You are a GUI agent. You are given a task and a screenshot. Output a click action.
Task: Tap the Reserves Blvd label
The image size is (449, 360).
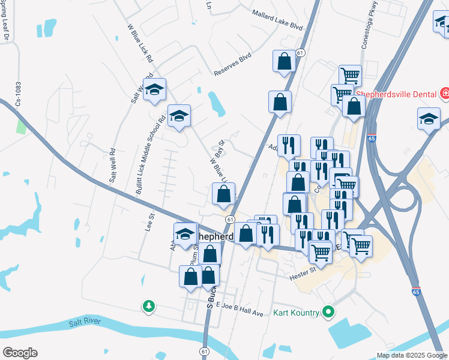click(x=232, y=67)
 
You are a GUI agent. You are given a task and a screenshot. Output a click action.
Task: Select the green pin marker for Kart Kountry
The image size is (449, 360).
click(x=328, y=312)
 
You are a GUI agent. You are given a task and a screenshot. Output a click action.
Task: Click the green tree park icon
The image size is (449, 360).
click(x=148, y=307)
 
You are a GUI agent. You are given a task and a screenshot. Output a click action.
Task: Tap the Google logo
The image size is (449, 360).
click(x=20, y=353)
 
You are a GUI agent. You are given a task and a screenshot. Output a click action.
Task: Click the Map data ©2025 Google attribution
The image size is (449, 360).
click(x=411, y=355)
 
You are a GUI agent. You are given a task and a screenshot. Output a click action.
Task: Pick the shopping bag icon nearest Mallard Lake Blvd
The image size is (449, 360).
click(x=284, y=61)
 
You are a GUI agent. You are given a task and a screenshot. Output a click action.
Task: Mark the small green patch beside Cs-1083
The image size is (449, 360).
click(x=21, y=127)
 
